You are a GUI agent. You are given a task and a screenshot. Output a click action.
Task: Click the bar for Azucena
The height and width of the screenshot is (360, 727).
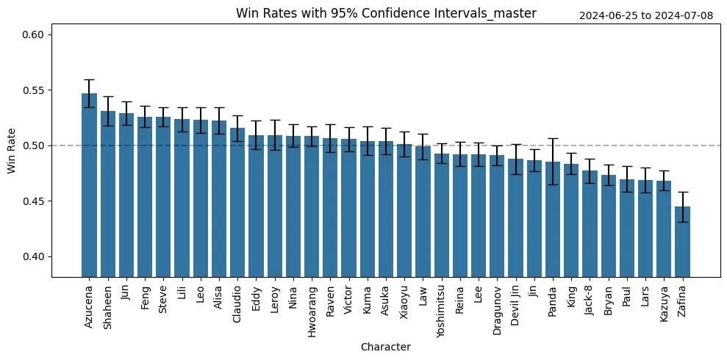[89, 185]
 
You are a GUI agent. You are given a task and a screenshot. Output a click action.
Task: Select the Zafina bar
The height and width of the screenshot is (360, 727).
[682, 242]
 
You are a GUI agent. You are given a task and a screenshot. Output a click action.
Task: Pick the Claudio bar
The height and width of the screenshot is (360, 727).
[237, 203]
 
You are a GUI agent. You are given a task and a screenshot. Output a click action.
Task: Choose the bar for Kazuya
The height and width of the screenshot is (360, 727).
[664, 229]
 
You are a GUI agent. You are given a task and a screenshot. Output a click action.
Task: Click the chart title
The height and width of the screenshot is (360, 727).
[386, 13]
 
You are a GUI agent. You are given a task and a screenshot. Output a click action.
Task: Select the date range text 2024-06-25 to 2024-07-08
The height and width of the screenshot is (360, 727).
[646, 15]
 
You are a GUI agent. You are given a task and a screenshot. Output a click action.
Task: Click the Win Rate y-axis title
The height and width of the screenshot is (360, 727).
[11, 151]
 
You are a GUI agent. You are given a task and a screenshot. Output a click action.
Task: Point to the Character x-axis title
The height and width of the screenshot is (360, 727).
[386, 347]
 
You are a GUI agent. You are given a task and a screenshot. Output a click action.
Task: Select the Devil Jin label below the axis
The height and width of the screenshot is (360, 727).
[516, 303]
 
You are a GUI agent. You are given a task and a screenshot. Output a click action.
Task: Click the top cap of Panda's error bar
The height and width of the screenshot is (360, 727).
[553, 138]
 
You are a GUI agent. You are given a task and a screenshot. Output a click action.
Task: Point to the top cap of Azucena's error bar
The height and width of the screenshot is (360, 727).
[89, 79]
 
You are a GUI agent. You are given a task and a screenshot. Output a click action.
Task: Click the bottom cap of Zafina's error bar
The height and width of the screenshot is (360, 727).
[682, 222]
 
